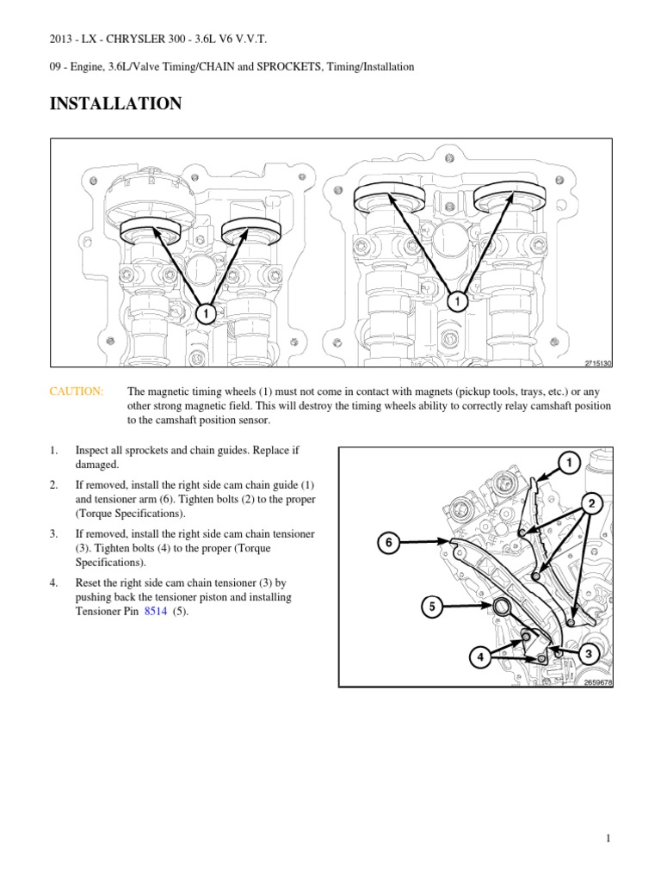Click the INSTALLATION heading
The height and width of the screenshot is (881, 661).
(115, 104)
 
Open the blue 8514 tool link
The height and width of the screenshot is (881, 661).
(156, 612)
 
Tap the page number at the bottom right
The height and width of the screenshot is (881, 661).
(608, 840)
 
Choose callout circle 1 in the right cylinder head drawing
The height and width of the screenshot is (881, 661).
(457, 302)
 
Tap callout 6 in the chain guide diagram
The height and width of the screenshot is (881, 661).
(388, 543)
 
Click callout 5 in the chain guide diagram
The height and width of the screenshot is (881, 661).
(433, 607)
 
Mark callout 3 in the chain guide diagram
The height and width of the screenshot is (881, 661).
(589, 654)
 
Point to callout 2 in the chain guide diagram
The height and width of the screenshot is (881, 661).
(591, 502)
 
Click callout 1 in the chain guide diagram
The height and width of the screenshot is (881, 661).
(568, 464)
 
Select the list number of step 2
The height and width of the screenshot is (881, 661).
(53, 485)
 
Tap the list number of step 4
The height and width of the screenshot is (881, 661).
(53, 582)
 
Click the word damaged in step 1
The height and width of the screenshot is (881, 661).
(97, 464)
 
